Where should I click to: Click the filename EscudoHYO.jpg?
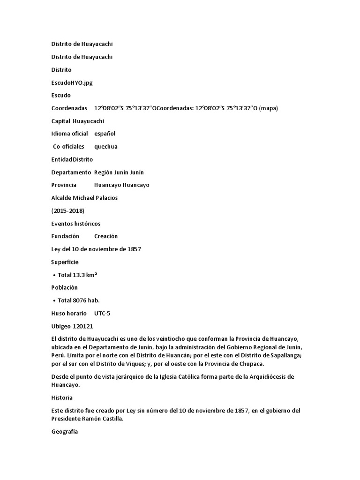[72, 82]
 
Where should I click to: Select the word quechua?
[106, 146]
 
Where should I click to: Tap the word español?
[105, 134]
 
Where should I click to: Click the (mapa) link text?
[268, 108]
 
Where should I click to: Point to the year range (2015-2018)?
[68, 210]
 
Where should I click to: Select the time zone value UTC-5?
[102, 313]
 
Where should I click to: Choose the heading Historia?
[62, 397]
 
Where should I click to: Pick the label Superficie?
[65, 262]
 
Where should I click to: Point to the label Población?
[64, 287]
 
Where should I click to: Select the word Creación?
[106, 236]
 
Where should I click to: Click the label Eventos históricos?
[75, 223]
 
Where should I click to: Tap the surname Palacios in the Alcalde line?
[105, 198]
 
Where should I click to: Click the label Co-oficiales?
[68, 146]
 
